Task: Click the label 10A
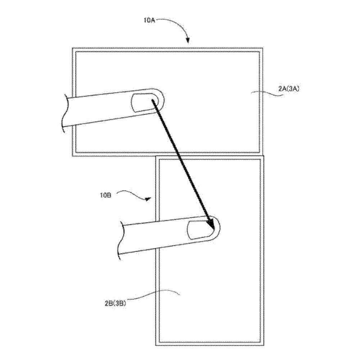coord(149,20)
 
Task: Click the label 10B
coord(106,195)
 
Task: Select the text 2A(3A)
coord(289,89)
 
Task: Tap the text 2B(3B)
coord(115,303)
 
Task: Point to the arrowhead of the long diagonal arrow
coord(211,225)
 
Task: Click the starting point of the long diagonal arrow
coord(152,100)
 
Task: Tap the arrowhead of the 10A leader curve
coord(188,40)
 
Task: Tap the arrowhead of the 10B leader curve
coord(148,199)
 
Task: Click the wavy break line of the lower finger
coord(121,240)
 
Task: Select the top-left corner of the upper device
coord(72,48)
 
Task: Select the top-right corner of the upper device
coord(263,48)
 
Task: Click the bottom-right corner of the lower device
coord(264,345)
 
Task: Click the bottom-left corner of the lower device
coord(156,345)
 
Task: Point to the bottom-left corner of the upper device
coord(72,156)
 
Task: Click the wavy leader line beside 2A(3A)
coord(266,93)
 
